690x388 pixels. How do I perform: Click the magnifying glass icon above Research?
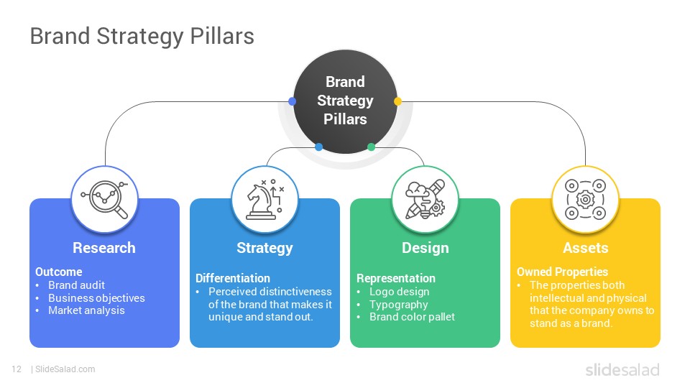coord(104,199)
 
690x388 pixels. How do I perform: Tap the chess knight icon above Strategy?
coord(265,199)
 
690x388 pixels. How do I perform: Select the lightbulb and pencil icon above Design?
coord(425,199)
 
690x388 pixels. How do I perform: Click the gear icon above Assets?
coord(585,199)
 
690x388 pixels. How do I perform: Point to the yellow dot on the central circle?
coord(397,101)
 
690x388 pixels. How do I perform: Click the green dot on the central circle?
coord(371,147)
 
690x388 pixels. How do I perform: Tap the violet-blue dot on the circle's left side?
coord(292,101)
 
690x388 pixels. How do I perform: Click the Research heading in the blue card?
coord(104,248)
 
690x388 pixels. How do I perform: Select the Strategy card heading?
coord(265,248)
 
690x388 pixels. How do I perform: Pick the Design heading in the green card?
coord(425,248)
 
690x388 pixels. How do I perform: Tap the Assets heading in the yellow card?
coord(586,248)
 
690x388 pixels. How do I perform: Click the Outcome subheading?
coord(58,272)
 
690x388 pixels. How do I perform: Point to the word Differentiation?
coord(233,278)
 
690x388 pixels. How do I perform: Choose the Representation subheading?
coord(395,279)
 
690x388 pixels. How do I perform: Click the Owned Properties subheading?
coord(562,272)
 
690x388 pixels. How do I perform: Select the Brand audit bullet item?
coord(77,285)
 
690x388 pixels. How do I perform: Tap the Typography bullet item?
coord(399,305)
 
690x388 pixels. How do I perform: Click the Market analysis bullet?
coord(87,310)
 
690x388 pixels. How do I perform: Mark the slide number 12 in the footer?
coord(17,369)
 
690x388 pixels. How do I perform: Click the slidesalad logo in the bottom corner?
coord(622,369)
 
